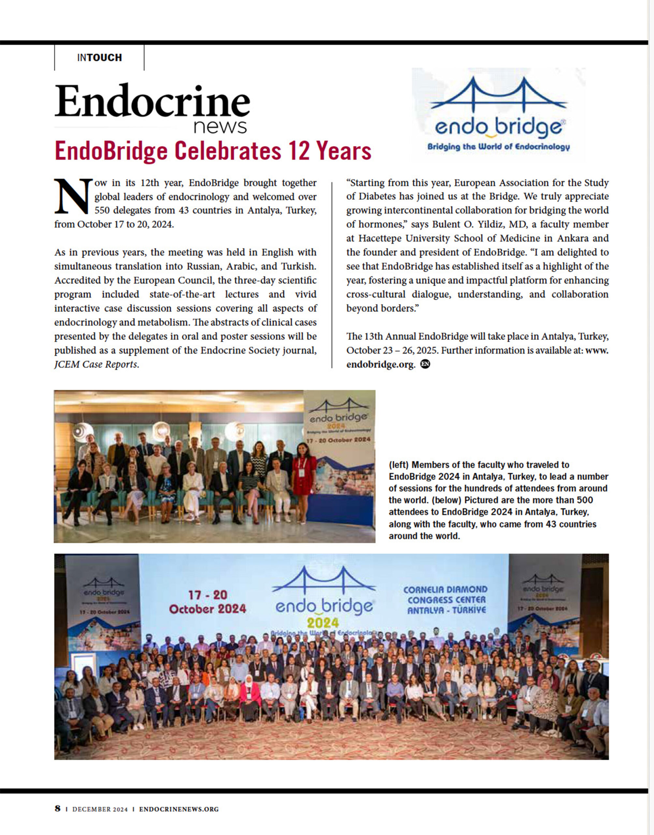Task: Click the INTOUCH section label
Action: point(99,57)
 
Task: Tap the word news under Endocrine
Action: point(220,127)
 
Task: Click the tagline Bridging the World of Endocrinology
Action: point(498,147)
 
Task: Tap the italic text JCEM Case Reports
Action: point(96,364)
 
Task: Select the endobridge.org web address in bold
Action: point(381,364)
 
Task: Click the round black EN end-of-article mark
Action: point(425,364)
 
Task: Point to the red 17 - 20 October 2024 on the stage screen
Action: point(208,602)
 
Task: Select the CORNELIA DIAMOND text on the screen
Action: point(445,589)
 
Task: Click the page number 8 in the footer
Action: point(57,809)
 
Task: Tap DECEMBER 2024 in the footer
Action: point(100,809)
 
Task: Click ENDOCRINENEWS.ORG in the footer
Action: point(179,809)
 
